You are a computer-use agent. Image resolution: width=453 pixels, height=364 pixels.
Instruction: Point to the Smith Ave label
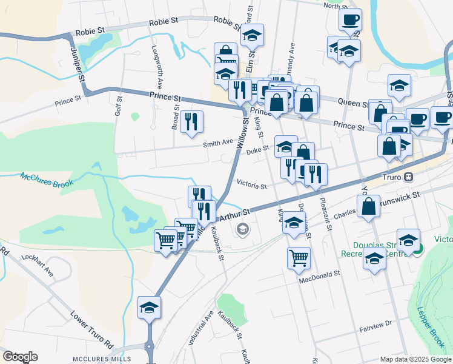218,143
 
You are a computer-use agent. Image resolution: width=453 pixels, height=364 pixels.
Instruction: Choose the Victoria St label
251,185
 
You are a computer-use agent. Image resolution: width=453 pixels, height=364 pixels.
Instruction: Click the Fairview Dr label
376,324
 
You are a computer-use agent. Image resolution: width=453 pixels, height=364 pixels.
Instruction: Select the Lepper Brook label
430,318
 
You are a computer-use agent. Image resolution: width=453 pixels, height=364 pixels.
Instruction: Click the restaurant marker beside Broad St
191,121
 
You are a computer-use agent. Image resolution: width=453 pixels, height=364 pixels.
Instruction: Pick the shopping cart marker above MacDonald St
299,257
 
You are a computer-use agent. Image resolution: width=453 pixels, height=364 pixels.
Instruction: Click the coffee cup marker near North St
350,19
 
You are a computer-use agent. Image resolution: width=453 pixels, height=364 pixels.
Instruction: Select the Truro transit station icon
409,177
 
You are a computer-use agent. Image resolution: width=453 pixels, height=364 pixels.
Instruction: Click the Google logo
20,357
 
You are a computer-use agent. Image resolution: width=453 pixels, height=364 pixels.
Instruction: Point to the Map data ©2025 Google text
415,359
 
